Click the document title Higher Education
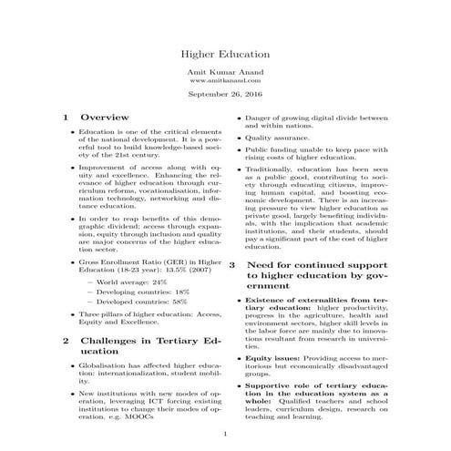click(x=225, y=55)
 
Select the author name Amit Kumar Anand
click(x=225, y=72)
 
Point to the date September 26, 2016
click(x=225, y=95)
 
